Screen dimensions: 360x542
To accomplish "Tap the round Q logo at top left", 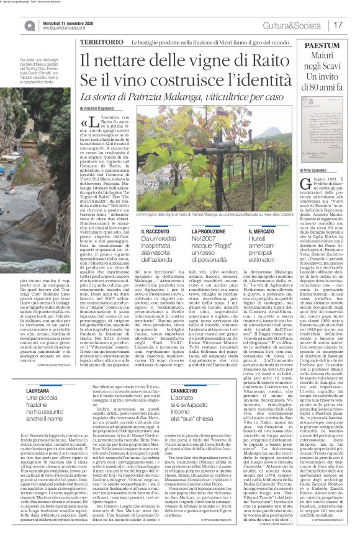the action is pos(13,24).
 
